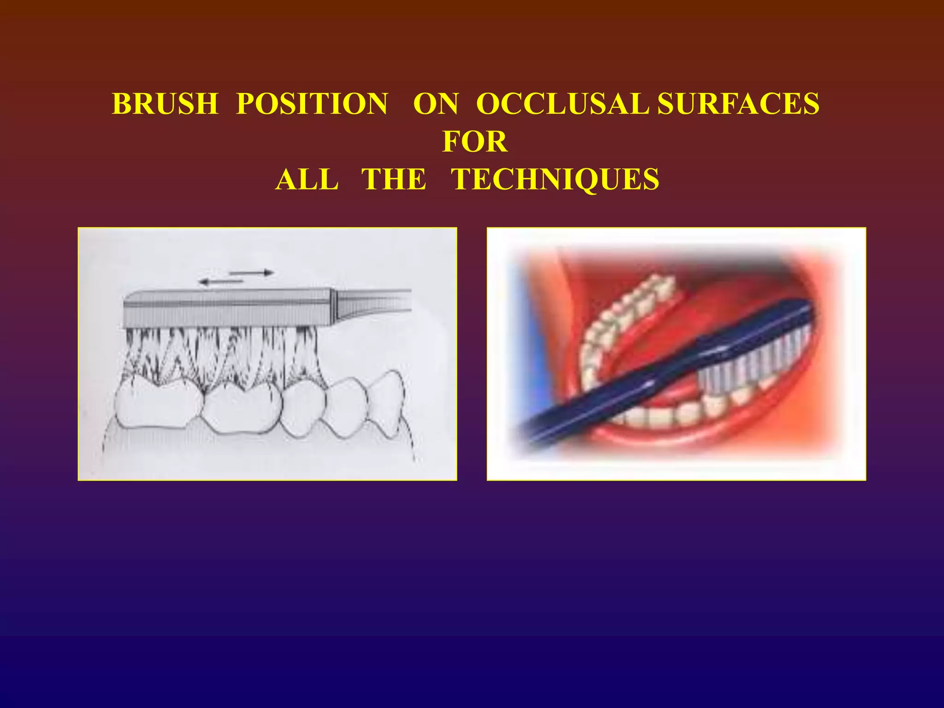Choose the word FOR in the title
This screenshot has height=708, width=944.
point(475,142)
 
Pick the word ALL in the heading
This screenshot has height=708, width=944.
point(307,179)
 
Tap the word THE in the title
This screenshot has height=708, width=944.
point(394,179)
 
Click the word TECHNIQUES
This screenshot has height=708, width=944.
point(555,179)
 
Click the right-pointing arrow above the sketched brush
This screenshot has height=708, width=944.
point(252,273)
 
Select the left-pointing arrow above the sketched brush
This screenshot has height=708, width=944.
point(221,281)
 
